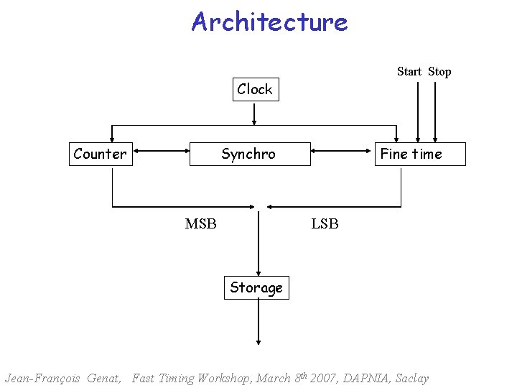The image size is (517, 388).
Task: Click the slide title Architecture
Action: pyautogui.click(x=269, y=22)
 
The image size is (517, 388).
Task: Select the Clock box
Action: pyautogui.click(x=255, y=90)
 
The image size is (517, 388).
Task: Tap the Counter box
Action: pyautogui.click(x=101, y=154)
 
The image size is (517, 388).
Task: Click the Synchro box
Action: pyautogui.click(x=249, y=154)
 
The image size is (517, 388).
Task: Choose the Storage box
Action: pyautogui.click(x=256, y=288)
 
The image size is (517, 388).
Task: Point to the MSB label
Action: pyautogui.click(x=200, y=223)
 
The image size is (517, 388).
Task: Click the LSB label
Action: pyautogui.click(x=325, y=223)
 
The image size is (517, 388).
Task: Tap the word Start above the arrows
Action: pyautogui.click(x=409, y=71)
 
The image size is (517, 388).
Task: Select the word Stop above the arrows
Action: pyautogui.click(x=439, y=71)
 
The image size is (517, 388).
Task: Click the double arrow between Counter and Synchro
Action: pyautogui.click(x=161, y=152)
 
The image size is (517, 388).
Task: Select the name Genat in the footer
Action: pyautogui.click(x=103, y=378)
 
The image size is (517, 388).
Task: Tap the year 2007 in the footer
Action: pyautogui.click(x=332, y=378)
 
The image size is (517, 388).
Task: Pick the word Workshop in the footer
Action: pyautogui.click(x=222, y=378)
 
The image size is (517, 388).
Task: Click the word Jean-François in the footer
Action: pyautogui.click(x=42, y=378)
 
